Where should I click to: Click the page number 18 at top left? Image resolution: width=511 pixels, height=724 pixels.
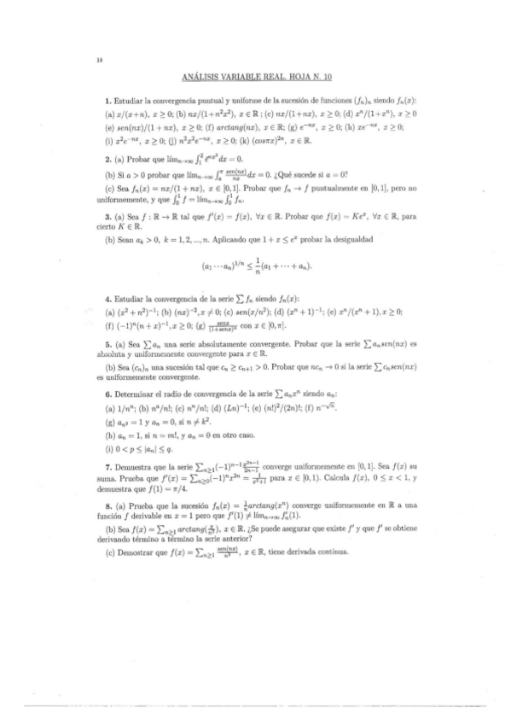100,61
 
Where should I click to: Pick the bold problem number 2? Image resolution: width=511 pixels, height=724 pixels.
107,158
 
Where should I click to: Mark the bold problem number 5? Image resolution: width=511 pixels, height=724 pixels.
107,344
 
